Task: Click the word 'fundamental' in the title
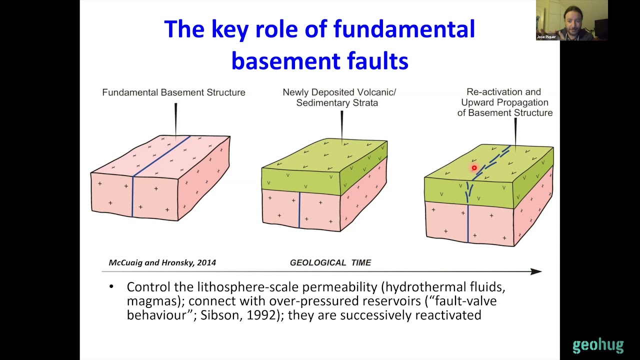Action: tap(404, 29)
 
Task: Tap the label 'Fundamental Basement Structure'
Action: tap(173, 92)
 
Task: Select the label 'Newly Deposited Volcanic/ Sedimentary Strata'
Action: tap(339, 97)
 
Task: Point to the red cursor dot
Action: tap(474, 168)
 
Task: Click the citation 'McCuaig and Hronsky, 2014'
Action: tap(162, 262)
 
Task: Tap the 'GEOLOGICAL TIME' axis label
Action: tap(330, 262)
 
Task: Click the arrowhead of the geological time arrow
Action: tap(536, 271)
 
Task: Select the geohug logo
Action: tap(598, 345)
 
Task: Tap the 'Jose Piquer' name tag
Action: tap(546, 37)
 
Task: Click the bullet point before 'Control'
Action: tap(111, 287)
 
